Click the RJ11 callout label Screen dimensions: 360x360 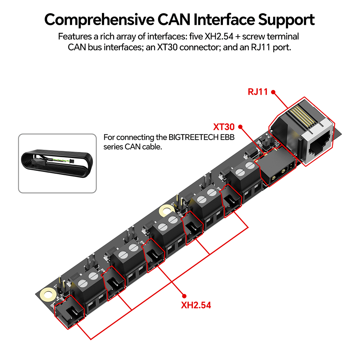[x=258, y=91]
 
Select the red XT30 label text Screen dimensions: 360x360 [x=224, y=127]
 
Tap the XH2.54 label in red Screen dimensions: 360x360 [x=196, y=305]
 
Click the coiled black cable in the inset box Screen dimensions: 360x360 [x=57, y=163]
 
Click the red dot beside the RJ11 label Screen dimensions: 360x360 [x=273, y=92]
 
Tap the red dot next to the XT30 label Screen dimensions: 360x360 [x=240, y=127]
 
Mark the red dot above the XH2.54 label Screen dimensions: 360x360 [x=183, y=293]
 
